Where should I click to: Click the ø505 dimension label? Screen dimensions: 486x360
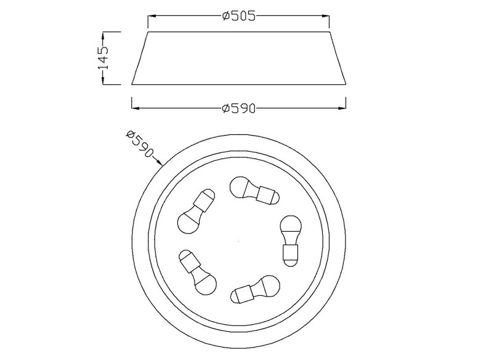point(239,15)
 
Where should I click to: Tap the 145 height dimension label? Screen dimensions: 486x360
point(103,58)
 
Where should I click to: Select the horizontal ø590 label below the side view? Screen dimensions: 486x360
point(239,108)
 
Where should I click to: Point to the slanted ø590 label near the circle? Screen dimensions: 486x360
point(140,144)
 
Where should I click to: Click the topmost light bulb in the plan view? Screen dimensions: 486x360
point(254,190)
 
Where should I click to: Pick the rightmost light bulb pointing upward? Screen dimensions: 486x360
point(290,240)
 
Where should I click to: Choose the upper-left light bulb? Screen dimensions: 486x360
point(196,211)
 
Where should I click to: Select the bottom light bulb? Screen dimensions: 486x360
point(255,290)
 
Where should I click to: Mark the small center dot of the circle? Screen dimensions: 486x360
point(238,240)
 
